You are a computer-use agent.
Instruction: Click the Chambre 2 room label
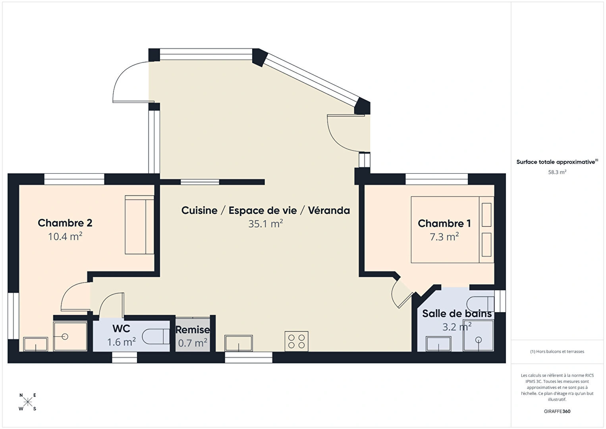[65, 223]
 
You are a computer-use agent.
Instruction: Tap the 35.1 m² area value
[266, 224]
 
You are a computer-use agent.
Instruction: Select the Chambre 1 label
[444, 223]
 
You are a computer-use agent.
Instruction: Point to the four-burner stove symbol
[296, 341]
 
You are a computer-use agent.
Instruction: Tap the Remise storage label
[192, 330]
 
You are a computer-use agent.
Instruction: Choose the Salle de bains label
[457, 313]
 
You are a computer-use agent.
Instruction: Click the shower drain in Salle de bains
[479, 340]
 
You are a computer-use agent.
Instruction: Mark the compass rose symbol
[27, 402]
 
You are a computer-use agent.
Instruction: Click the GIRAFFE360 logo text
[557, 411]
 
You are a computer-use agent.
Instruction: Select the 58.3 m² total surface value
[557, 172]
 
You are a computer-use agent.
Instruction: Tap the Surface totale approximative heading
[557, 162]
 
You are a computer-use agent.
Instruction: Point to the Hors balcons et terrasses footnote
[557, 351]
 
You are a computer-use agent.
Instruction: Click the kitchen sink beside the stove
[239, 343]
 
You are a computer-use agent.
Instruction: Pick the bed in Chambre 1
[452, 230]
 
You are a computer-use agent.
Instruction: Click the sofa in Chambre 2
[139, 225]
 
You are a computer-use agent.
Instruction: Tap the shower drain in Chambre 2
[65, 337]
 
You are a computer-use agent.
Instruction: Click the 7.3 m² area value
[444, 237]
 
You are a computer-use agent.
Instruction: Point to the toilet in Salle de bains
[481, 304]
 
